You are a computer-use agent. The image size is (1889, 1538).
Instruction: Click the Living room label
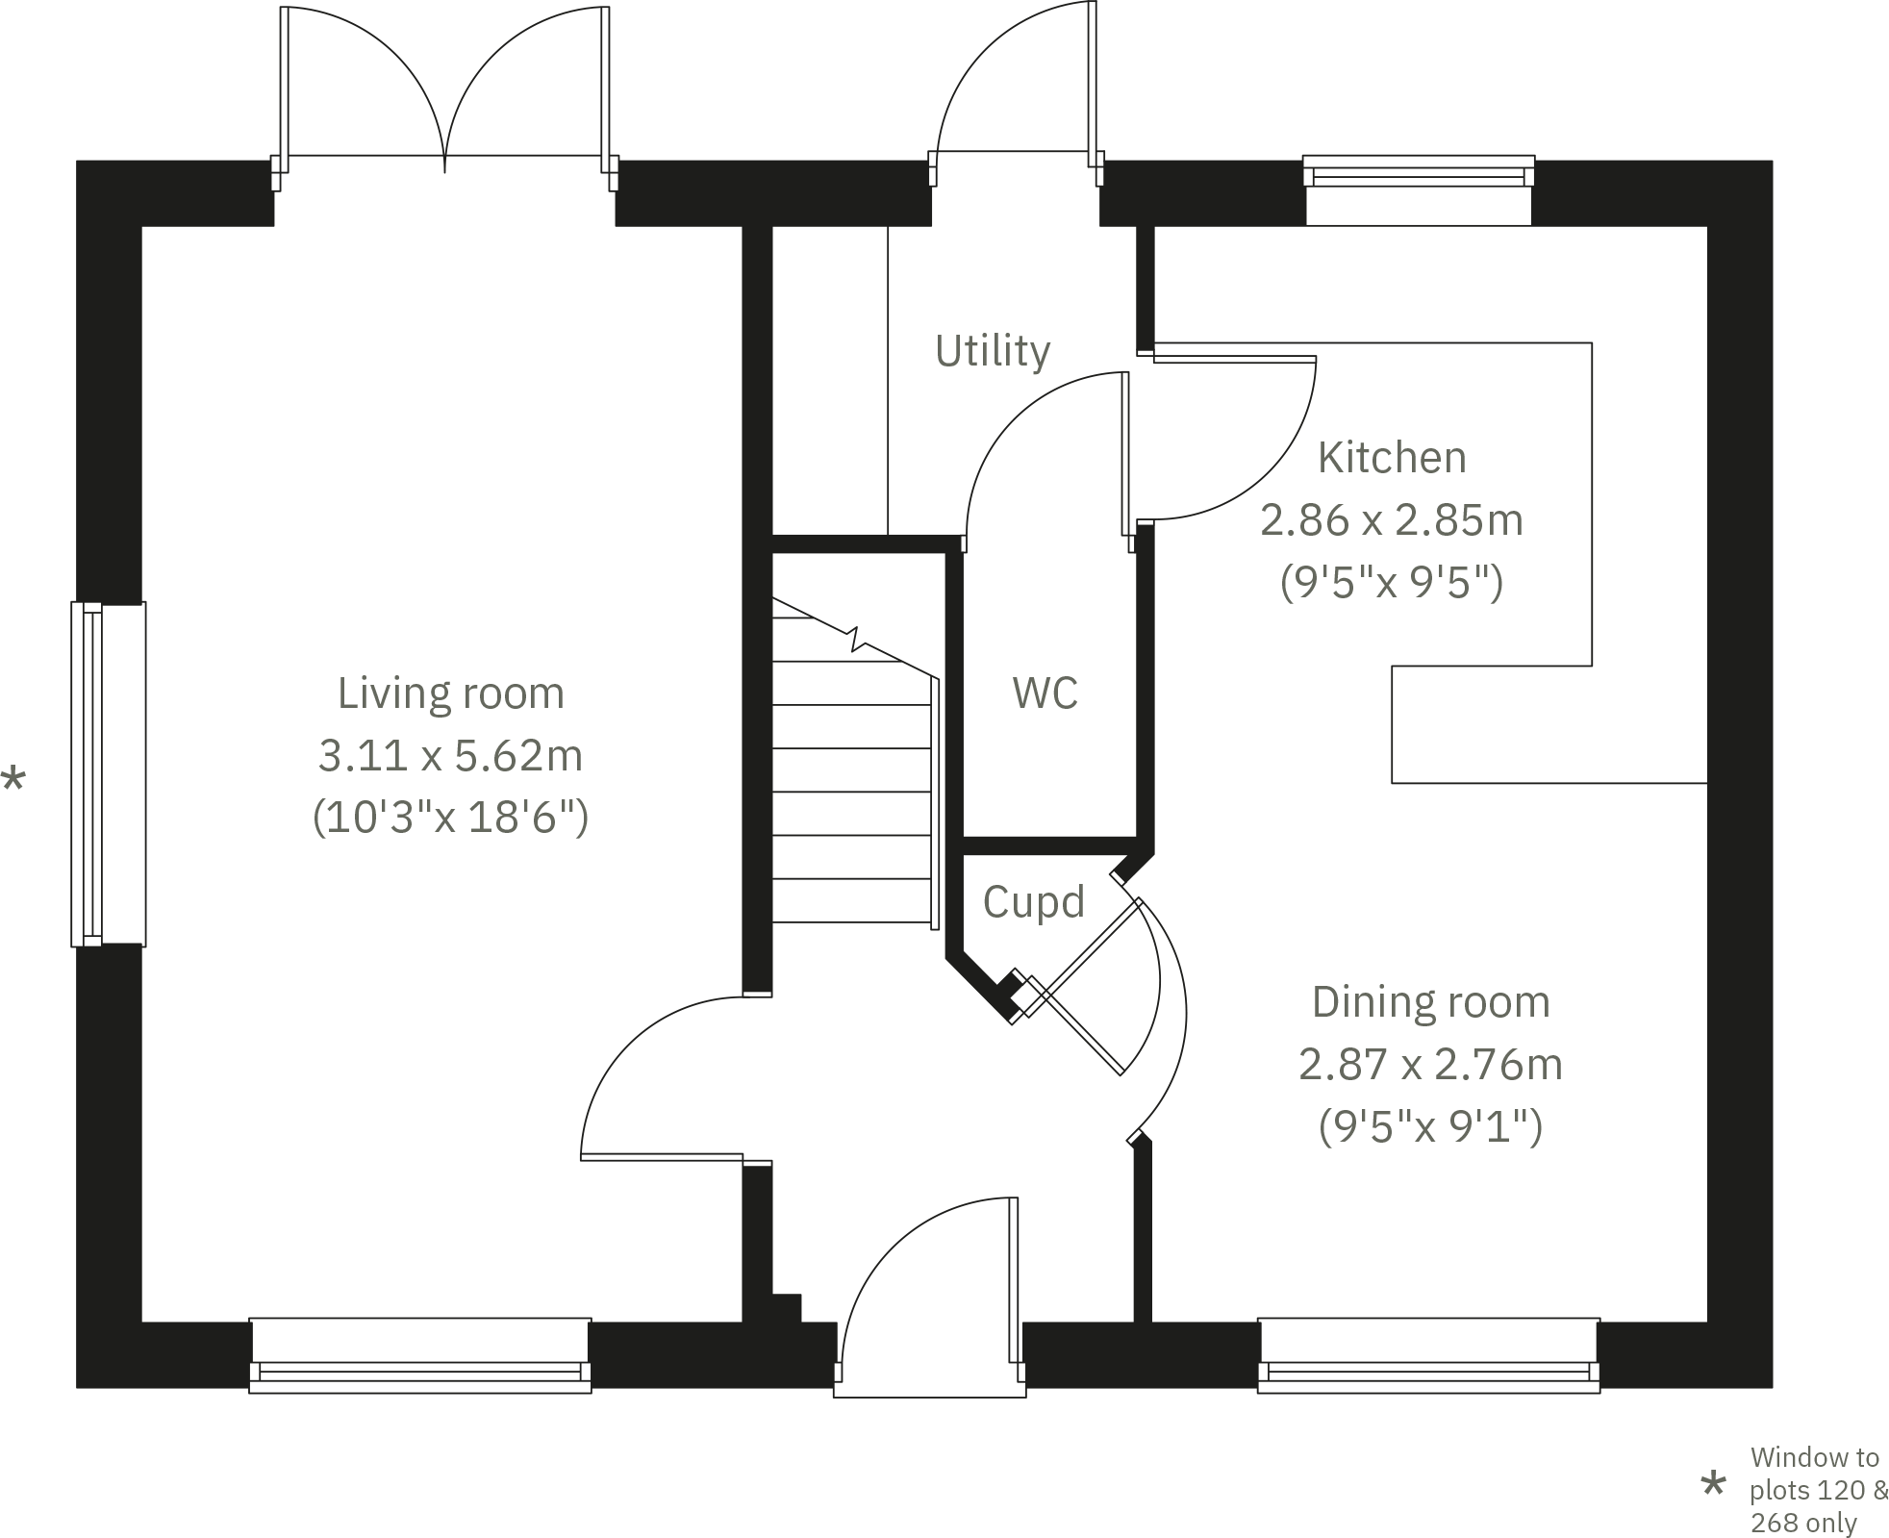coord(450,693)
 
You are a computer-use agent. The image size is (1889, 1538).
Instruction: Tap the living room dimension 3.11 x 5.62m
coord(450,756)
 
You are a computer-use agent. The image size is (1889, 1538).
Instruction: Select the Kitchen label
coord(1391,458)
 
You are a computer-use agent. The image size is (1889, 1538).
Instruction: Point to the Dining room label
coord(1430,1002)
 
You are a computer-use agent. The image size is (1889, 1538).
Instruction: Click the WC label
coord(1045,693)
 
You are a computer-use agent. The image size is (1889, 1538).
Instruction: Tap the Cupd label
coord(1033,902)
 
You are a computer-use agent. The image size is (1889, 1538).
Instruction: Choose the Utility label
coord(992,351)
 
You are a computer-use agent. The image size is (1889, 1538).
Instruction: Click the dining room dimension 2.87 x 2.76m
coord(1430,1065)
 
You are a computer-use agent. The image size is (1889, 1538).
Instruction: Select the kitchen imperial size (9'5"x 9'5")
coord(1391,583)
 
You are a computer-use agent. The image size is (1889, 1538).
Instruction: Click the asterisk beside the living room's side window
coord(13,779)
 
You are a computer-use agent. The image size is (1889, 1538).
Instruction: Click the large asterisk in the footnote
coord(1712,1485)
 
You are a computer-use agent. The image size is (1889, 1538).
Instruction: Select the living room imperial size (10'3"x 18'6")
coord(450,819)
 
